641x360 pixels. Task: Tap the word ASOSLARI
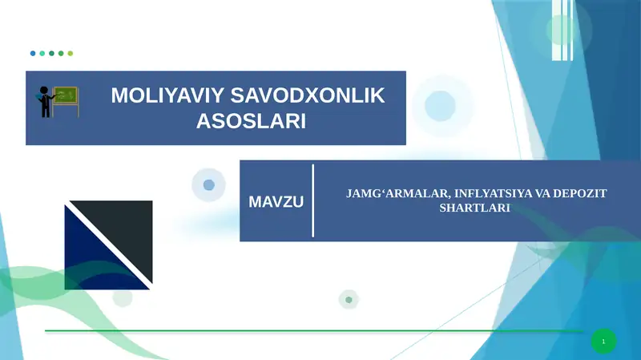pyautogui.click(x=252, y=122)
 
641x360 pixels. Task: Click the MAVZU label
pyautogui.click(x=276, y=201)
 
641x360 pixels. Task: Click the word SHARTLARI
pyautogui.click(x=475, y=208)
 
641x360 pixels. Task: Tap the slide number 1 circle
pyautogui.click(x=603, y=342)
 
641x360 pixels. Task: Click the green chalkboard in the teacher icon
pyautogui.click(x=67, y=97)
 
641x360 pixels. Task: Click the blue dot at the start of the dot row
pyautogui.click(x=33, y=54)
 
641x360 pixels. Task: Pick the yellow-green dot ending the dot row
pyautogui.click(x=71, y=54)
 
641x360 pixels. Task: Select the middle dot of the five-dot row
pyautogui.click(x=51, y=54)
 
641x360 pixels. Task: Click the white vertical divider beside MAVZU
pyautogui.click(x=312, y=201)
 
